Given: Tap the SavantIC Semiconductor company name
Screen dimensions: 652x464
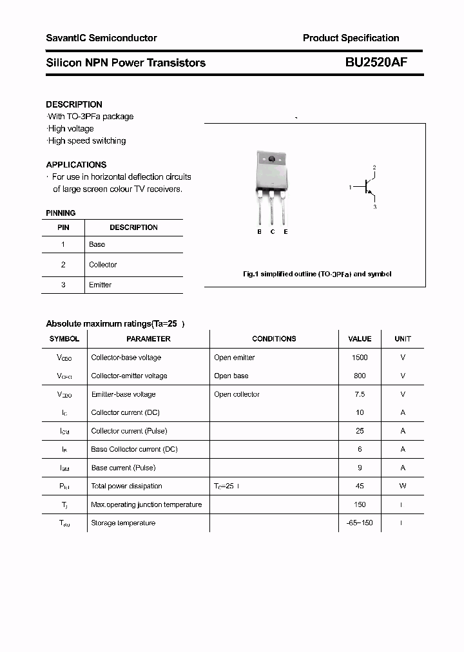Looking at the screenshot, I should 101,38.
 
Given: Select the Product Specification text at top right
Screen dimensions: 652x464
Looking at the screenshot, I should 351,38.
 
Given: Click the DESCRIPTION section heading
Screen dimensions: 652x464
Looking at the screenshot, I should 74,104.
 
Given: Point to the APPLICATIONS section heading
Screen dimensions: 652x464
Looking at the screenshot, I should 76,164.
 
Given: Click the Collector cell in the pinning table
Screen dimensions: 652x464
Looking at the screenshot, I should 103,265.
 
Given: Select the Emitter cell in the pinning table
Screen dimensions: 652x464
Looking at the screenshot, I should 101,285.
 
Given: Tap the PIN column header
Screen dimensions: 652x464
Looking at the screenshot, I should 63,227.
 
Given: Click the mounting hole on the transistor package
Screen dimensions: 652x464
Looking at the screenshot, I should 271,159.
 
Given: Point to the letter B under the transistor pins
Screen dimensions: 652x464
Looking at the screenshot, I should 259,232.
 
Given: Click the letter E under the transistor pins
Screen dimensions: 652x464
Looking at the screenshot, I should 285,232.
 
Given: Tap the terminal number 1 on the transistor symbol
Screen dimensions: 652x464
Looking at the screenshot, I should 350,187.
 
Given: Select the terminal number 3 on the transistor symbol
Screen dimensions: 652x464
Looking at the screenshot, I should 374,207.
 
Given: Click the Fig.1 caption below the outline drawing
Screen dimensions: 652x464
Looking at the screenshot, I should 316,274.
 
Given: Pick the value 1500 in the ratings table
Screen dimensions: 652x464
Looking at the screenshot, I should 360,358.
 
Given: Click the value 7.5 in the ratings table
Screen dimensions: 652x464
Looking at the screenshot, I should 360,394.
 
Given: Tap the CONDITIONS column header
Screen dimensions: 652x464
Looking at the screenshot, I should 274,339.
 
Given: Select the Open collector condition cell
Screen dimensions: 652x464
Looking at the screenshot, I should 237,394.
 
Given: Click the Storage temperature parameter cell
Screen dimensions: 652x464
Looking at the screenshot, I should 123,523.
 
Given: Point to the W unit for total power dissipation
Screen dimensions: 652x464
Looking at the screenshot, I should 403,486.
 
